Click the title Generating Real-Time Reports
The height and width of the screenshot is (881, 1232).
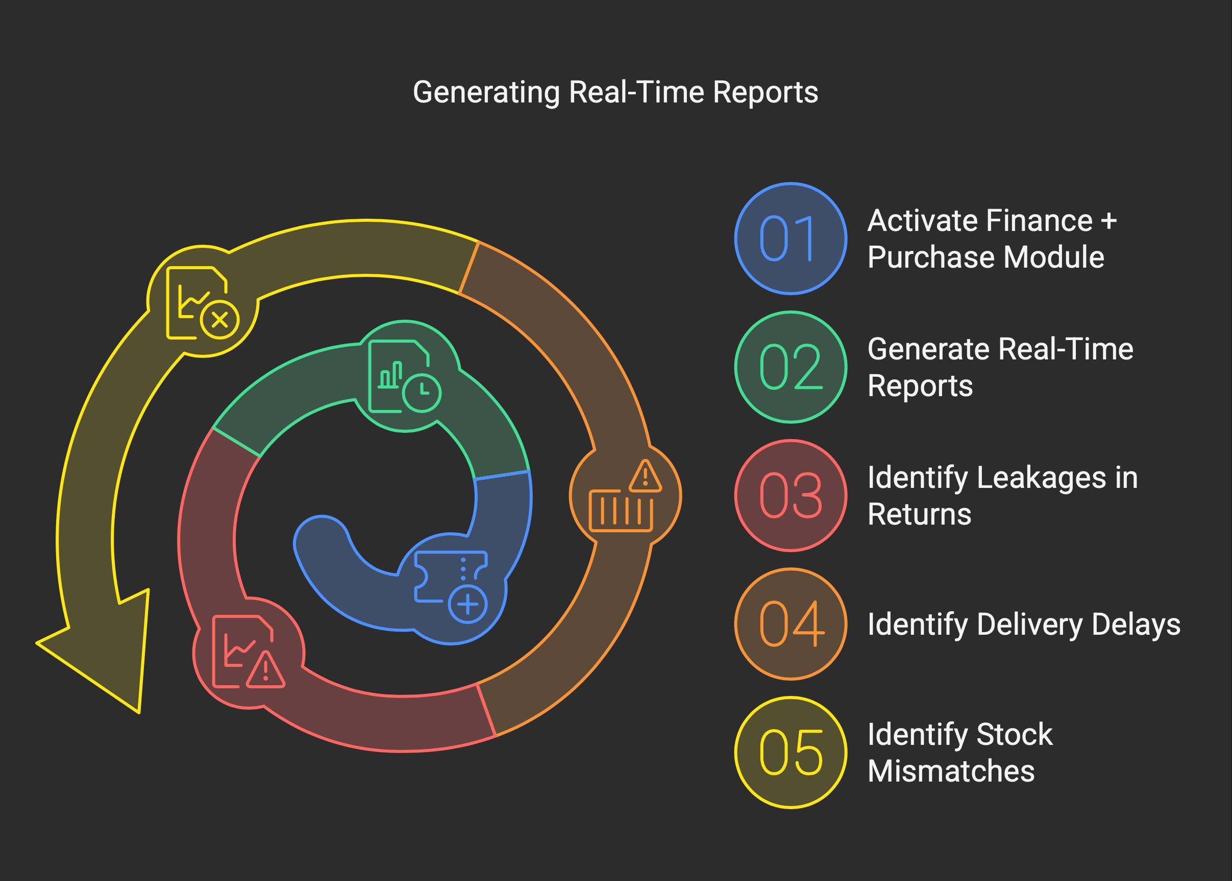tap(615, 92)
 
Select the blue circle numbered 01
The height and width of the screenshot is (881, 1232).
tap(791, 238)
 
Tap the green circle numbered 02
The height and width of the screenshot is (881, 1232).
tap(791, 367)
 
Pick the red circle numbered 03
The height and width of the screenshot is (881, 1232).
tap(791, 495)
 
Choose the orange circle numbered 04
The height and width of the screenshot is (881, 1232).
tap(791, 624)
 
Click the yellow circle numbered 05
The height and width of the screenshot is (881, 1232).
tap(791, 753)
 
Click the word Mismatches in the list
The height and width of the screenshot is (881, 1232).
tap(951, 771)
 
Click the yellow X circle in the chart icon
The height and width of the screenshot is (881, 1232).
tap(219, 320)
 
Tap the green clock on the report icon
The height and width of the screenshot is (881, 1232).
tap(422, 393)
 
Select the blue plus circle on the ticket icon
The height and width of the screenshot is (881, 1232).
tap(467, 604)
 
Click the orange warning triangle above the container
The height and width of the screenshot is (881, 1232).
tap(645, 476)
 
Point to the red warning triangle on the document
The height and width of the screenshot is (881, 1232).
tap(265, 669)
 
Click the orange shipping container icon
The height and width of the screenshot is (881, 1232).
tap(621, 510)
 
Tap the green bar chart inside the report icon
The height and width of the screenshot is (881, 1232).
tap(390, 375)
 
